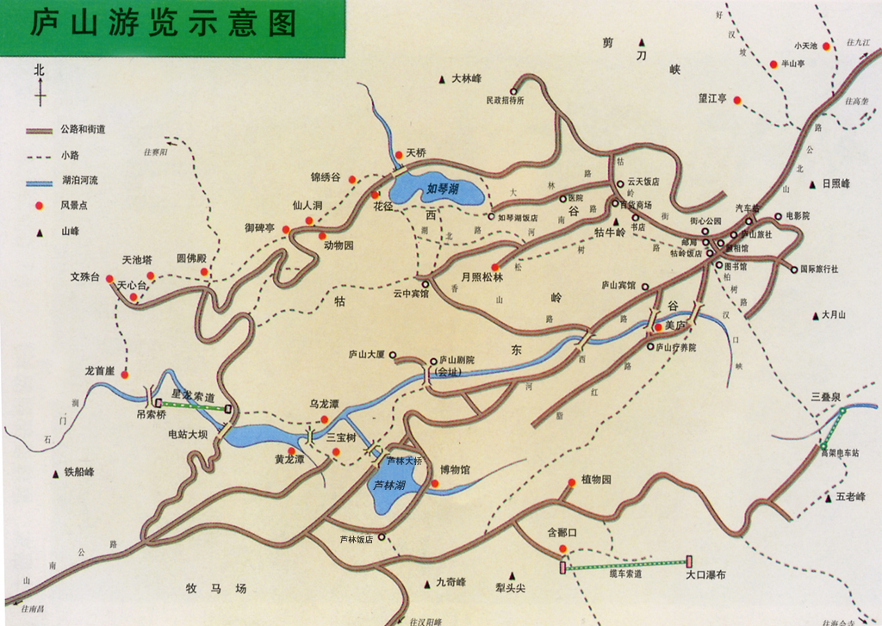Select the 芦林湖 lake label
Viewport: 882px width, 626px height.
pos(389,485)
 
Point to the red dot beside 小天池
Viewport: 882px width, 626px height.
pos(826,46)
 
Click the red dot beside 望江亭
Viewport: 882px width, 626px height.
pos(737,100)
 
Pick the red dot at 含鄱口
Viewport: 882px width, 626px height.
pos(562,549)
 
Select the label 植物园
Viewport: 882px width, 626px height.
pos(596,480)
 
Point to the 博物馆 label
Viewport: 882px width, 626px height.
pos(455,469)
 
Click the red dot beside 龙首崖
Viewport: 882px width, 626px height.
pos(125,375)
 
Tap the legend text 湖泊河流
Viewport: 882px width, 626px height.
pos(80,181)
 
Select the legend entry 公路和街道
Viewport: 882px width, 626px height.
pos(84,130)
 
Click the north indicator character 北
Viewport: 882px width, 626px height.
pos(39,71)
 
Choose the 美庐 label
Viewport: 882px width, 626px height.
pos(674,325)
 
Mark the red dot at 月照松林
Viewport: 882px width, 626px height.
pos(495,267)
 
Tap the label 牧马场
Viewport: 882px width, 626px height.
pos(216,589)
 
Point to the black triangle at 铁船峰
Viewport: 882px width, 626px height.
pos(56,472)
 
